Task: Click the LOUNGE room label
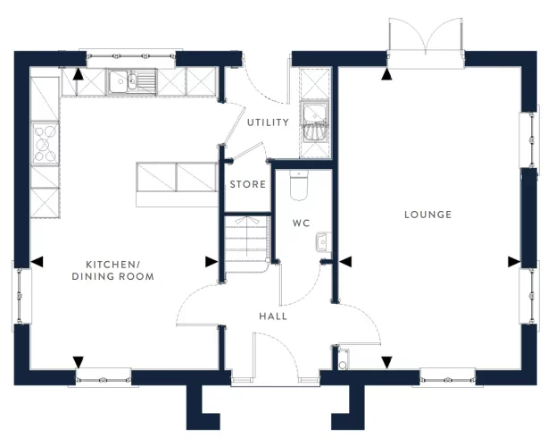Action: click(427, 215)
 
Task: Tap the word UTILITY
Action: click(268, 122)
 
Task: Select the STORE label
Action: click(247, 185)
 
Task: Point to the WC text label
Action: click(301, 223)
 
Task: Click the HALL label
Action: click(273, 316)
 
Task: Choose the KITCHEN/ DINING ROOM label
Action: click(120, 271)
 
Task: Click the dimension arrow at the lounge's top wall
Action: click(386, 75)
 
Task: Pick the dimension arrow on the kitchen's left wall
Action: click(37, 261)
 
